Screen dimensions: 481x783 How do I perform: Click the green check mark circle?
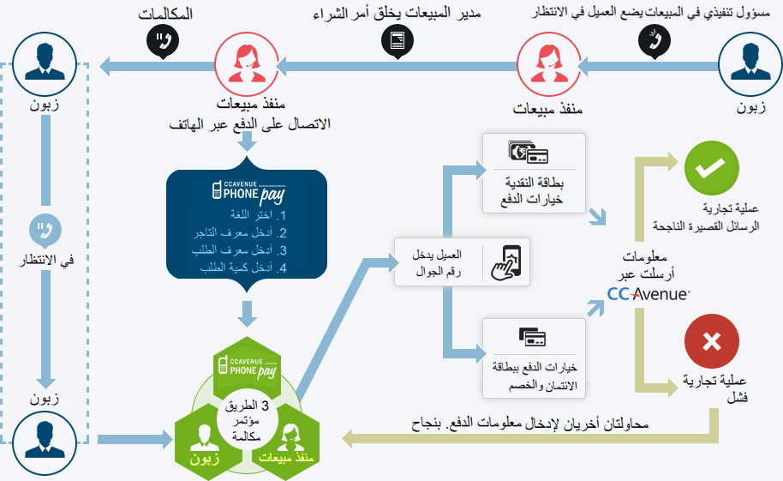pyautogui.click(x=711, y=168)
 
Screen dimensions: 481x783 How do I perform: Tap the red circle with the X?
pyautogui.click(x=711, y=342)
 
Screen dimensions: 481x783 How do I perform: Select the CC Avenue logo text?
pyautogui.click(x=649, y=294)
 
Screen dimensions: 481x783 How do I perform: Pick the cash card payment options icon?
pyautogui.click(x=528, y=155)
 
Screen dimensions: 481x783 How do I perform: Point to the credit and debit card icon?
pyautogui.click(x=532, y=334)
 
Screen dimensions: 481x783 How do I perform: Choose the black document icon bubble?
pyautogui.click(x=396, y=41)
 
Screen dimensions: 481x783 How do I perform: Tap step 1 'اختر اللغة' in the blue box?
pyautogui.click(x=254, y=215)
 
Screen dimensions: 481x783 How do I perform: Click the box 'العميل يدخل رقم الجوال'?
pyautogui.click(x=461, y=262)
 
